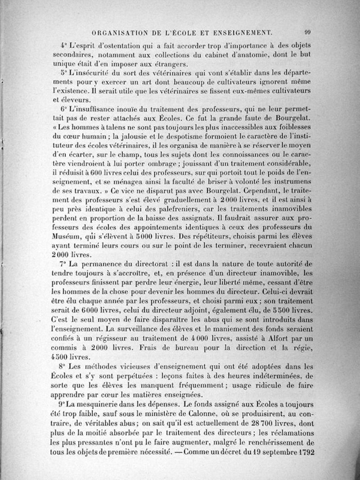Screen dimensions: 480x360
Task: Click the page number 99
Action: click(308, 32)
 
